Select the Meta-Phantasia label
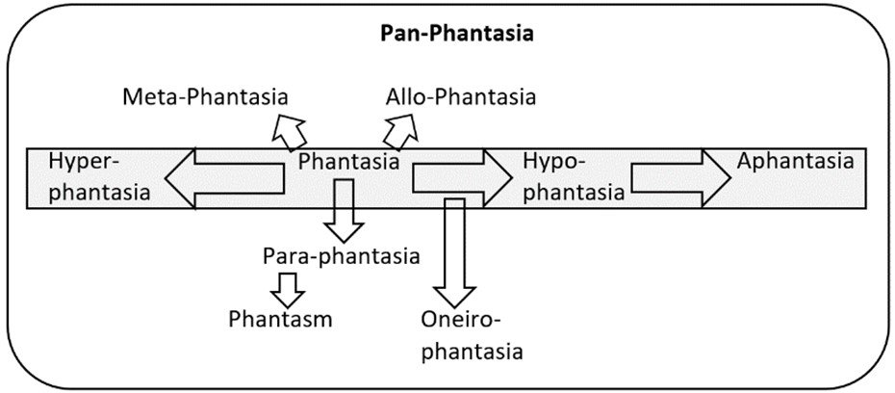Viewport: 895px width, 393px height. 207,97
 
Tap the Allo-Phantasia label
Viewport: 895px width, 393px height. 461,97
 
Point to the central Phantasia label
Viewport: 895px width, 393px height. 348,162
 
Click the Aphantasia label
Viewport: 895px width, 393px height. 795,161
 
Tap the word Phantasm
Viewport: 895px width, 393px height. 281,319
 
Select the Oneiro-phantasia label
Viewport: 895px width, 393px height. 472,334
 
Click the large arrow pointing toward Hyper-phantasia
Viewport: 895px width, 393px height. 226,178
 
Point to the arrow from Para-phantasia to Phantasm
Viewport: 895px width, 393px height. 286,285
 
